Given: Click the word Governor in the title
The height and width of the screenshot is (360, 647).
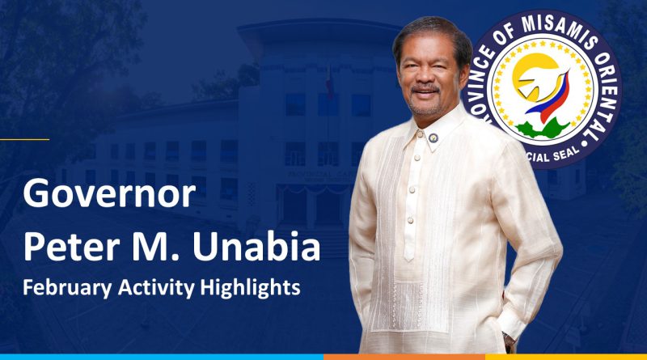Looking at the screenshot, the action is click(109, 193).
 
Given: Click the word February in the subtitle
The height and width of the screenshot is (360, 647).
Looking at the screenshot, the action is click(67, 288).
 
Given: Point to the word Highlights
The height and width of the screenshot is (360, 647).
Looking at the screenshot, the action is click(250, 288).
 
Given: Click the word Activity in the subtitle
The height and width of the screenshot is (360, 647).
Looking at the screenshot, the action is click(155, 288).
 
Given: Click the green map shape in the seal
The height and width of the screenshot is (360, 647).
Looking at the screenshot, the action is click(542, 129).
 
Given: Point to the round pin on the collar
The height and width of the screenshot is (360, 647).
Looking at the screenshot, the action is click(433, 138).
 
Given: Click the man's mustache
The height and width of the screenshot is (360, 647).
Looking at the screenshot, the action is click(425, 90).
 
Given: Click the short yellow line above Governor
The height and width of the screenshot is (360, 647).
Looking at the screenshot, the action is click(24, 139).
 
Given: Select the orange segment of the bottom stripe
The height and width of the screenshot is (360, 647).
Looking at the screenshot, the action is click(404, 357).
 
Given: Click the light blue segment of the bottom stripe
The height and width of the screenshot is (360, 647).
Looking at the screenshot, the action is click(162, 357).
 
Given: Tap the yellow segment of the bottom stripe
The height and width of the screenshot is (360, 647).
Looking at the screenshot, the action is click(566, 357).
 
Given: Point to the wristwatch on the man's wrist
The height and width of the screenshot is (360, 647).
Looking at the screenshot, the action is click(509, 341).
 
